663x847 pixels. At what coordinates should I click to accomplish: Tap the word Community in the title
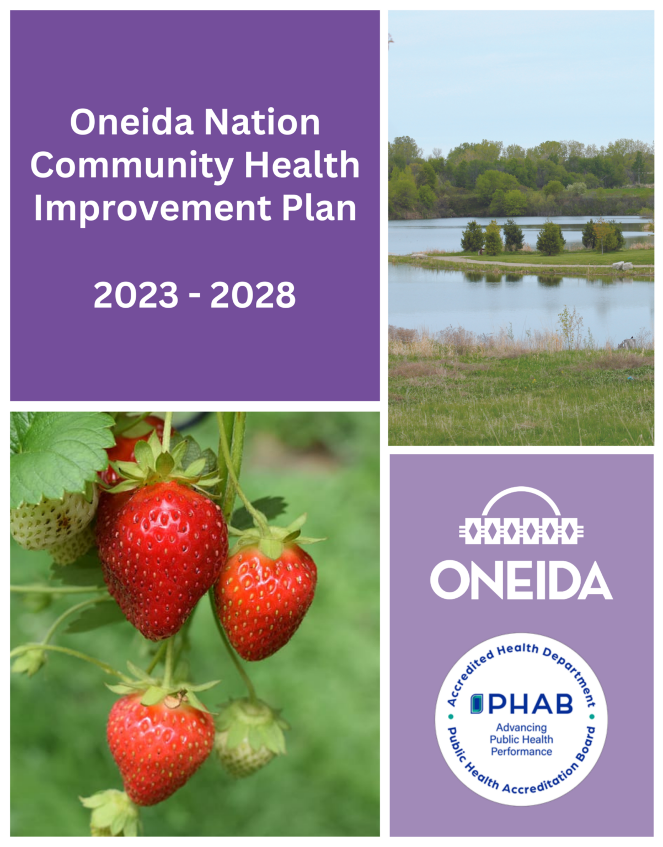tap(132, 165)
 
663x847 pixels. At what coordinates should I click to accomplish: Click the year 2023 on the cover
tap(136, 295)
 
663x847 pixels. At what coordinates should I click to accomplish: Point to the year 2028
tap(253, 295)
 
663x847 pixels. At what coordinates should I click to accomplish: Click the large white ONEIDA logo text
tap(521, 581)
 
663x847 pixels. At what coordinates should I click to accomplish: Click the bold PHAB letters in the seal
tap(531, 704)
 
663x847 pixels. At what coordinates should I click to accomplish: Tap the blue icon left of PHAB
tap(477, 704)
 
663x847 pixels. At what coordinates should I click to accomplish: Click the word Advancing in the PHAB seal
tap(521, 727)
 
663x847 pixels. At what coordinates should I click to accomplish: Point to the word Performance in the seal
tap(521, 752)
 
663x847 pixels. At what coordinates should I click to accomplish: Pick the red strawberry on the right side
tap(266, 598)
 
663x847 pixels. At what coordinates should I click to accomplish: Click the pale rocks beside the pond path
tap(623, 266)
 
